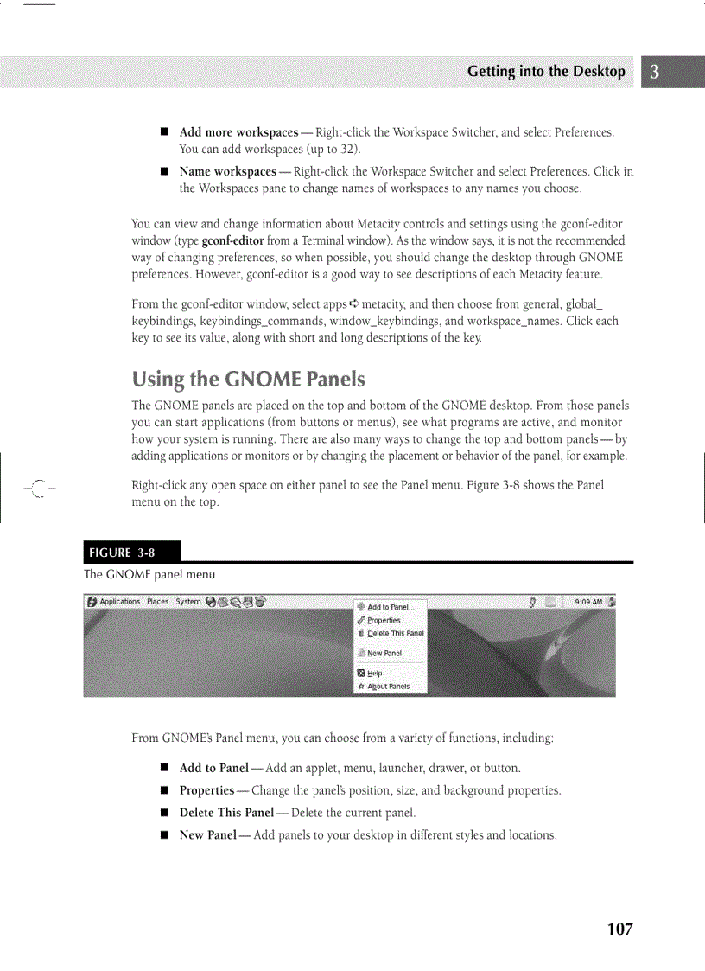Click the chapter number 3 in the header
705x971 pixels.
(x=655, y=72)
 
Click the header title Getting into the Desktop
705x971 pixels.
(x=546, y=72)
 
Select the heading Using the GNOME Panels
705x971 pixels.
(x=249, y=380)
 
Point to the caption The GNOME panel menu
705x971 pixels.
(x=149, y=574)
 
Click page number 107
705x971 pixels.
(x=619, y=929)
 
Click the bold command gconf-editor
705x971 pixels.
(x=232, y=240)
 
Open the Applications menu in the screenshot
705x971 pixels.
(x=118, y=602)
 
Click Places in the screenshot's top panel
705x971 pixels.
(x=157, y=602)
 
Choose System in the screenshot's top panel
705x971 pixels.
(x=188, y=602)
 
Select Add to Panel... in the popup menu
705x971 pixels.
(x=391, y=607)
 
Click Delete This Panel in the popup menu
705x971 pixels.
(x=395, y=633)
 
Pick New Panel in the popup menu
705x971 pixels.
(x=384, y=654)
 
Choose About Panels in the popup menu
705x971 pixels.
(x=388, y=687)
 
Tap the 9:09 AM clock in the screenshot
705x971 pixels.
(x=588, y=602)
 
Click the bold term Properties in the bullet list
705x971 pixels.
(x=206, y=790)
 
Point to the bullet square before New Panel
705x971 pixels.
(x=162, y=835)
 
